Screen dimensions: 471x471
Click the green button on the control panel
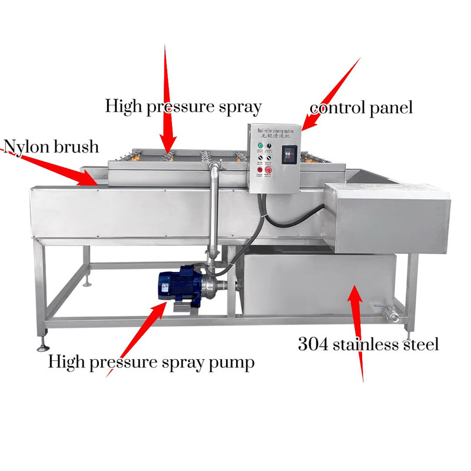[x=260, y=145]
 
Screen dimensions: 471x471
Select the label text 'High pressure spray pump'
[x=152, y=361]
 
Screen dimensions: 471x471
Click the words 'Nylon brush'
[x=51, y=145]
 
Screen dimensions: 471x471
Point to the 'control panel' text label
[x=361, y=108]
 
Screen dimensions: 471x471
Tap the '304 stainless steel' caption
[x=368, y=344]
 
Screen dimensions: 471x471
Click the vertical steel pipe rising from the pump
[x=212, y=212]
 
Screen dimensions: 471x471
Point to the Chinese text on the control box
[x=276, y=134]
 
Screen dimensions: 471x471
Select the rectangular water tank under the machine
[x=318, y=283]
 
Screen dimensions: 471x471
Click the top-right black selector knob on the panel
[x=269, y=145]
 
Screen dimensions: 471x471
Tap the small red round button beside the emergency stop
[x=260, y=170]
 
